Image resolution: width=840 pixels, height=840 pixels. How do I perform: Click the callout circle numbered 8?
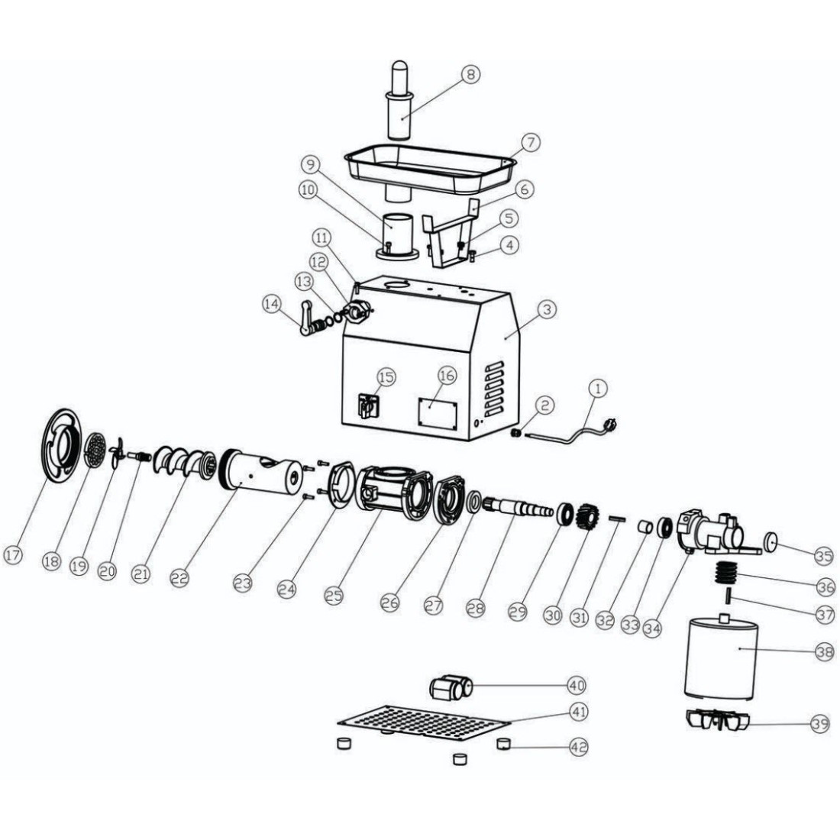coord(470,75)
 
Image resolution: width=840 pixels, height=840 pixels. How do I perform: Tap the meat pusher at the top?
coord(402,101)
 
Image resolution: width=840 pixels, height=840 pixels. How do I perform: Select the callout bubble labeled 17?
coord(13,554)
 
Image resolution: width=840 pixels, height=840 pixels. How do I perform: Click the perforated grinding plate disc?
coord(95,450)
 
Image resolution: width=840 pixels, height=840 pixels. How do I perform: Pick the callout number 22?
coord(180,577)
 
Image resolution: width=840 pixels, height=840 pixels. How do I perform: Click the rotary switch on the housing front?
coord(369,405)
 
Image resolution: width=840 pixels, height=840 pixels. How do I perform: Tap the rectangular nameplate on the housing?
coord(438,413)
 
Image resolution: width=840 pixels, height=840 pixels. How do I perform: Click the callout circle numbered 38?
coord(825,651)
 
